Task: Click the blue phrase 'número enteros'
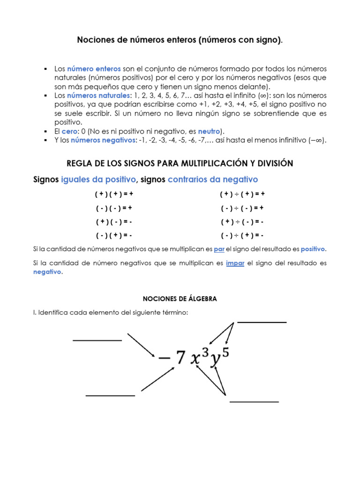(x=94, y=68)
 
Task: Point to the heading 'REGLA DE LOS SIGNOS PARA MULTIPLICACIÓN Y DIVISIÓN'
(x=180, y=163)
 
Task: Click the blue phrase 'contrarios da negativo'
(x=213, y=180)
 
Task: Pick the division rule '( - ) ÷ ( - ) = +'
(x=242, y=208)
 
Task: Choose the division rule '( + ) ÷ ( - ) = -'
(x=242, y=222)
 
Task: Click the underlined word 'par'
(x=219, y=249)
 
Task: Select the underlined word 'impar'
(x=235, y=263)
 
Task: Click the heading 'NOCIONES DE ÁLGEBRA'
(x=180, y=299)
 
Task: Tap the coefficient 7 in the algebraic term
(x=180, y=359)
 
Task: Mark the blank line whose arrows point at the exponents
(x=262, y=322)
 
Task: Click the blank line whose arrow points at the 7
(x=110, y=396)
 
